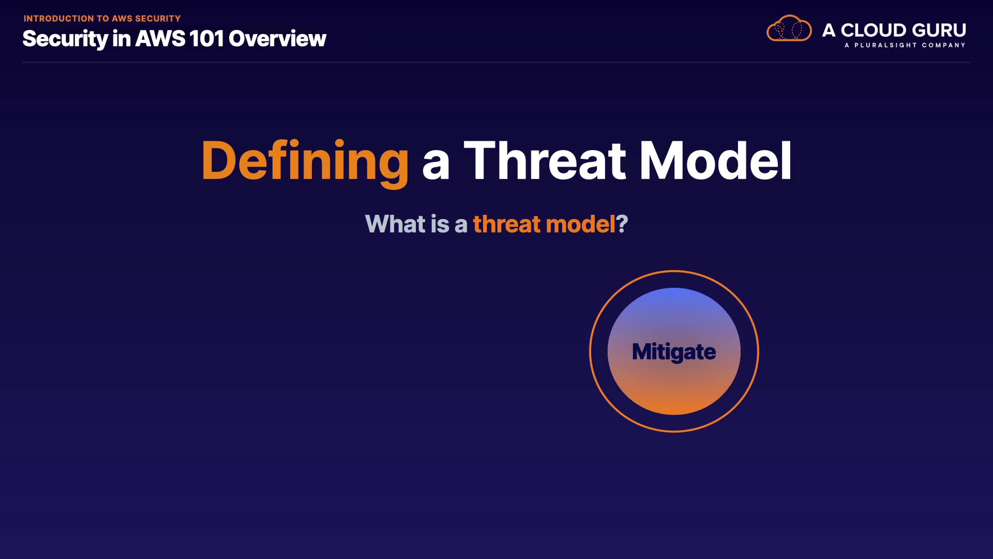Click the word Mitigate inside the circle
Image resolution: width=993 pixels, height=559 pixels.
click(674, 352)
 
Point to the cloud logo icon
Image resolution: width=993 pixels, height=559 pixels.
click(789, 28)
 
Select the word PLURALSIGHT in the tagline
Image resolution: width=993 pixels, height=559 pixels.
click(885, 45)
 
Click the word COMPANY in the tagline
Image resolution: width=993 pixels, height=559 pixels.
click(943, 45)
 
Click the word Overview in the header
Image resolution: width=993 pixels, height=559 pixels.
click(278, 39)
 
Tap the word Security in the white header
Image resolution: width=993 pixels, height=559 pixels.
click(65, 39)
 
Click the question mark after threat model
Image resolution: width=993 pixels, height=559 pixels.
click(622, 224)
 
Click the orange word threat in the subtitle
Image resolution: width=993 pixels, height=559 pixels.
click(507, 224)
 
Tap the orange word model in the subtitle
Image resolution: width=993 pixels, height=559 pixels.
click(581, 224)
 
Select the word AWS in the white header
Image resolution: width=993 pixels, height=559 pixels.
click(160, 39)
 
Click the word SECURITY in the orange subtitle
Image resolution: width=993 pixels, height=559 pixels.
click(158, 19)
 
